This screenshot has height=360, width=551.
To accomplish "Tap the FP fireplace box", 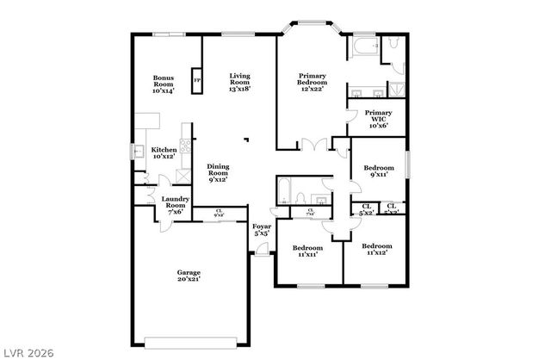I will pyautogui.click(x=197, y=82).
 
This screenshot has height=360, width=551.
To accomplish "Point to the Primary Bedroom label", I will pyautogui.click(x=311, y=83).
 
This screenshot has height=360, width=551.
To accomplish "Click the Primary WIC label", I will pyautogui.click(x=378, y=119).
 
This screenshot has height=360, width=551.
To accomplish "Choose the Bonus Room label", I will pyautogui.click(x=163, y=84).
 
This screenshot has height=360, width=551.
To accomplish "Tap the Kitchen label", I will pyautogui.click(x=164, y=153).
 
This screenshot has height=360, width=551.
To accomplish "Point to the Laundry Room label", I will pyautogui.click(x=175, y=207).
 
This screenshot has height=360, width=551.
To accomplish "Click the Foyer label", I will pyautogui.click(x=261, y=229).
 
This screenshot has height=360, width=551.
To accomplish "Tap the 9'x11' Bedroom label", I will pyautogui.click(x=379, y=171).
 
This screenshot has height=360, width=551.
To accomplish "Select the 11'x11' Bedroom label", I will pyautogui.click(x=307, y=251).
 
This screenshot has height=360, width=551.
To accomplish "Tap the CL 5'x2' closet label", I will pyautogui.click(x=366, y=209).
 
